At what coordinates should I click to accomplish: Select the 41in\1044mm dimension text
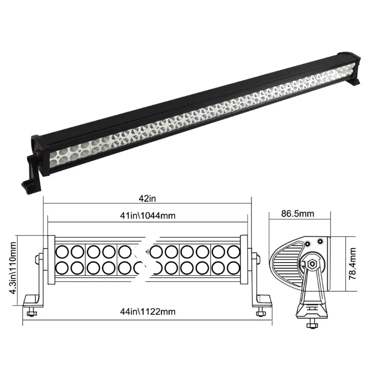[x=148, y=215]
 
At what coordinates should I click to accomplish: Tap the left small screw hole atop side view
[x=307, y=244]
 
